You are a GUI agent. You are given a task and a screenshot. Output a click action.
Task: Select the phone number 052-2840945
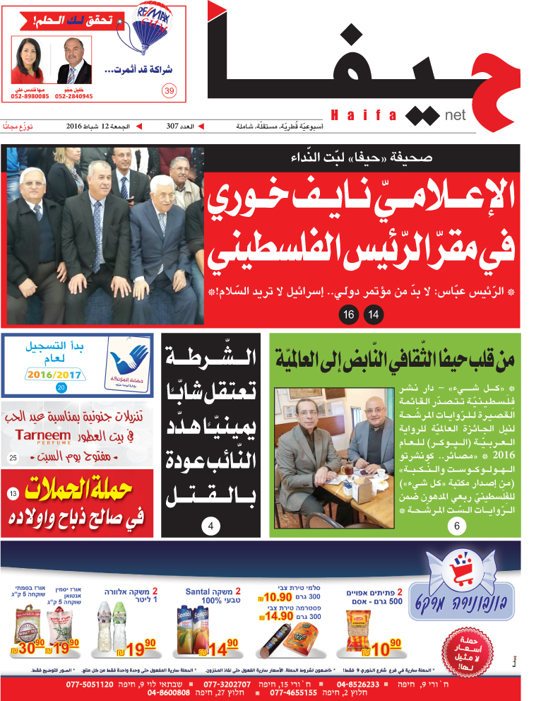[x=74, y=96]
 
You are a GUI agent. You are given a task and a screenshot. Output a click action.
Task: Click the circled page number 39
[x=168, y=90]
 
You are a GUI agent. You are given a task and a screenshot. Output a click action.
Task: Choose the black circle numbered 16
[x=348, y=314]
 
